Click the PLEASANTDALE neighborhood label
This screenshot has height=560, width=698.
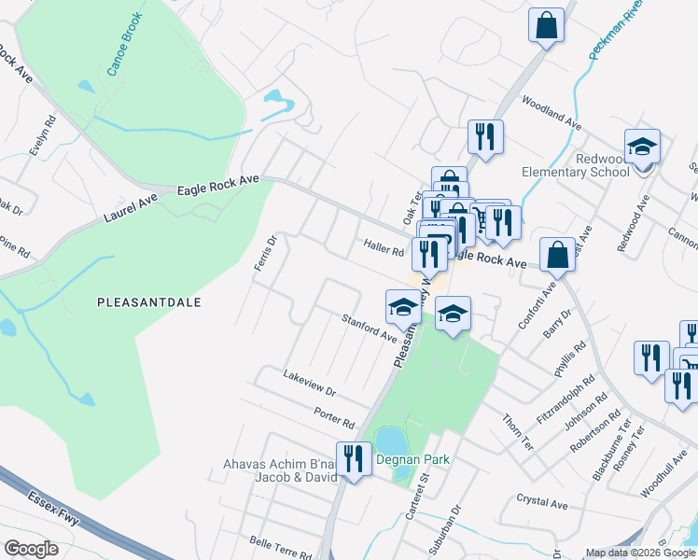pyautogui.click(x=149, y=302)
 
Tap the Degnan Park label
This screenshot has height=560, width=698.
pyautogui.click(x=413, y=459)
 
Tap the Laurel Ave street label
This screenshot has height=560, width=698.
pyautogui.click(x=135, y=204)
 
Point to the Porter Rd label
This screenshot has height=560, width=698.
pyautogui.click(x=335, y=417)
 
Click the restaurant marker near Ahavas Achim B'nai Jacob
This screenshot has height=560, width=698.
pyautogui.click(x=354, y=458)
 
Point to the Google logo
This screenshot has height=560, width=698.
pyautogui.click(x=31, y=549)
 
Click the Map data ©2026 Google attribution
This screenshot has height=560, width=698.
pyautogui.click(x=640, y=553)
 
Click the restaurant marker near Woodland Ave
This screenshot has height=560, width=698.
pyautogui.click(x=484, y=137)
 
